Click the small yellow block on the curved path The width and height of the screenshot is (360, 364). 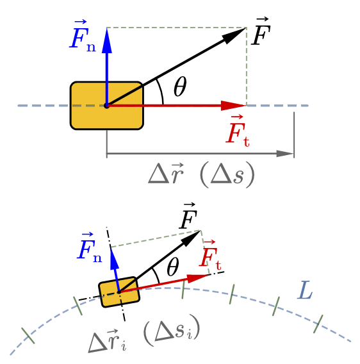[119, 292]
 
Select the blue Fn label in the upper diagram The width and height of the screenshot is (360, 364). [83, 36]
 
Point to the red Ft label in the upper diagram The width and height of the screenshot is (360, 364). [238, 131]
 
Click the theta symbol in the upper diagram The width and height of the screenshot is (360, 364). [180, 87]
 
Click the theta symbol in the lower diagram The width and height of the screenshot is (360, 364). [173, 267]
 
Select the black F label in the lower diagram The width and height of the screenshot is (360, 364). [188, 216]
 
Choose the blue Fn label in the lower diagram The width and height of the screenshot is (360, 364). [90, 247]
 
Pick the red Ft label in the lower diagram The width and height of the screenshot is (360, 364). [210, 255]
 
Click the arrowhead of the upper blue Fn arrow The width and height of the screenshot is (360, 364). [107, 40]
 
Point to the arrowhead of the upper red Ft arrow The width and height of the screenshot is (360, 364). [233, 106]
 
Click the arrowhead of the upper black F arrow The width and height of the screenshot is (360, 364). [234, 35]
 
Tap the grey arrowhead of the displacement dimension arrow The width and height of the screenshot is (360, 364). [285, 153]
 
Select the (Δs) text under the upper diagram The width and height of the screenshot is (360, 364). [227, 174]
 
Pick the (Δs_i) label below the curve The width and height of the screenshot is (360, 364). [172, 329]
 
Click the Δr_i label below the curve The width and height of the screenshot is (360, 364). [107, 340]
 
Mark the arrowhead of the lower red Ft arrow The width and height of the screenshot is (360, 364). [198, 277]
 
